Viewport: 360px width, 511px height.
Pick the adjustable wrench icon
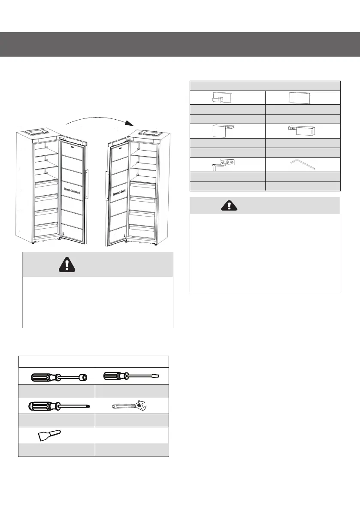click(x=130, y=405)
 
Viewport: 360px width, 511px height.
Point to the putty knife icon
click(x=47, y=434)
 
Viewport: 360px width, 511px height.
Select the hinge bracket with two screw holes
click(x=227, y=163)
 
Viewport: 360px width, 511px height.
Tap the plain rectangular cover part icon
click(x=303, y=98)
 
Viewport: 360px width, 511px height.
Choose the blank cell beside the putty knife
click(x=131, y=434)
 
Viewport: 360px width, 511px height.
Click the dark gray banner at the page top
click(x=180, y=44)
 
